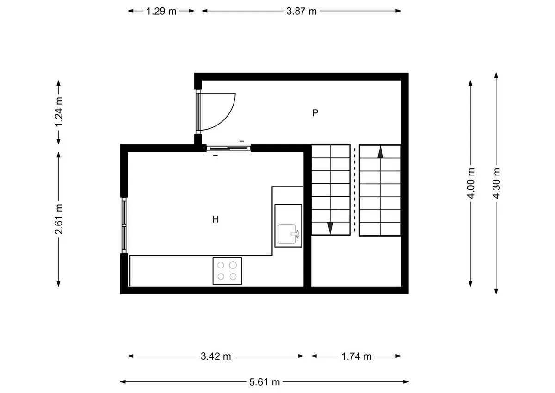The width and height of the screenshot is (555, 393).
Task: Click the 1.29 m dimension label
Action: (161, 11)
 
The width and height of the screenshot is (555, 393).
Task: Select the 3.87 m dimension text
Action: (302, 11)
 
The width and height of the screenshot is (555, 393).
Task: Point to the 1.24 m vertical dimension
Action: (59, 112)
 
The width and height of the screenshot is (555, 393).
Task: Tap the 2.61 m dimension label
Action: (59, 219)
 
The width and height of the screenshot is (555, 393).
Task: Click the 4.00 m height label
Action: (470, 183)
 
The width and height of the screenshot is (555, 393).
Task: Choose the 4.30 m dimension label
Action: (496, 183)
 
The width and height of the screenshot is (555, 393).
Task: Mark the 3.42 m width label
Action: (216, 356)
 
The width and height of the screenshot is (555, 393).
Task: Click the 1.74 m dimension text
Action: (356, 356)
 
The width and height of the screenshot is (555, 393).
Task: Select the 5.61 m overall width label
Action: (265, 382)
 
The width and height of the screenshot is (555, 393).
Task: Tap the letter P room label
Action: (315, 113)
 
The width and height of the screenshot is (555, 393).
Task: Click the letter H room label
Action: (216, 219)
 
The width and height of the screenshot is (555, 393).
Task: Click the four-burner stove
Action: (227, 271)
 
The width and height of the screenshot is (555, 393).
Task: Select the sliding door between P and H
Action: (228, 148)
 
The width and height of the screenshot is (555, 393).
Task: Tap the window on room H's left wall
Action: (124, 225)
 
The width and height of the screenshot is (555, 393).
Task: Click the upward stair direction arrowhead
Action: (380, 152)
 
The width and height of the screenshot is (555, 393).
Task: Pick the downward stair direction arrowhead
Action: (330, 228)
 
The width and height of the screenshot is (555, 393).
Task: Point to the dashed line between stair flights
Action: (355, 190)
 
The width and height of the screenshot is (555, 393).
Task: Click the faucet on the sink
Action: (295, 234)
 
